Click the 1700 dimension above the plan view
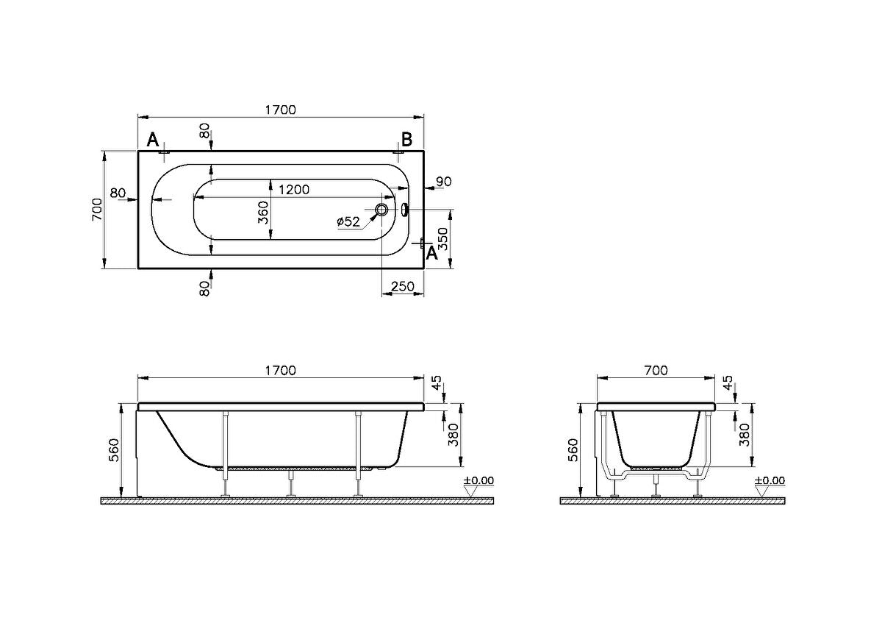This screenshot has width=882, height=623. [x=281, y=110]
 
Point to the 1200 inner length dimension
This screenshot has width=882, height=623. [x=293, y=189]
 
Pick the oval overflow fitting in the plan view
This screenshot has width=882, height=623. [x=404, y=210]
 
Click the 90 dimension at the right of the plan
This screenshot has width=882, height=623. [x=443, y=182]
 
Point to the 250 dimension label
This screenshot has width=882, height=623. [x=403, y=288]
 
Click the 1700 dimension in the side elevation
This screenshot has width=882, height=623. [x=281, y=371]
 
